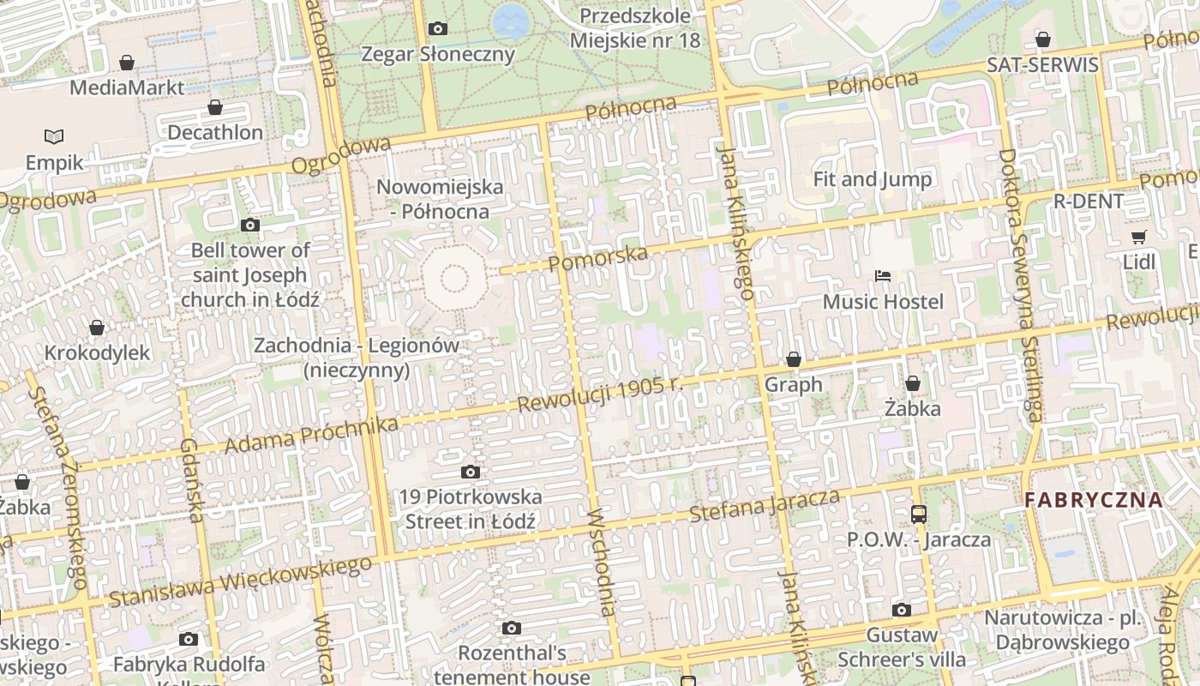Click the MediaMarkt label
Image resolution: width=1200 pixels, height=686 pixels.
[126, 87]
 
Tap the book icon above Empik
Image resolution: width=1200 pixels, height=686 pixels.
[54, 136]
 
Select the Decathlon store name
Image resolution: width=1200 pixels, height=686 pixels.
[215, 132]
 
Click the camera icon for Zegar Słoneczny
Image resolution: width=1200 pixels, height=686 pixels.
[438, 29]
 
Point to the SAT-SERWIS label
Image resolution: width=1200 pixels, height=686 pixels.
[1042, 65]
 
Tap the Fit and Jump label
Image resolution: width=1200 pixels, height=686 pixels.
[872, 179]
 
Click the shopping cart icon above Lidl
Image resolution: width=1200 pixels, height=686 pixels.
[1139, 238]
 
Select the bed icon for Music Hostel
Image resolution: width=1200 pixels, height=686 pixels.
[883, 276]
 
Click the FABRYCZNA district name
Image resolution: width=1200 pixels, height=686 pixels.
[1094, 500]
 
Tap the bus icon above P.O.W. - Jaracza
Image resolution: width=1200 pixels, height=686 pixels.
[919, 514]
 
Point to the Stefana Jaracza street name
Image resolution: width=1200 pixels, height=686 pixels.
[765, 505]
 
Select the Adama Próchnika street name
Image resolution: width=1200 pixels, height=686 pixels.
[311, 436]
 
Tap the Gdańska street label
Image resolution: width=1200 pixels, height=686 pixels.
[192, 479]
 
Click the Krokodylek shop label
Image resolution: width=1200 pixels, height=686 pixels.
[97, 352]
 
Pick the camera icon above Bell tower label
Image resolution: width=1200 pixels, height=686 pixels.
[250, 226]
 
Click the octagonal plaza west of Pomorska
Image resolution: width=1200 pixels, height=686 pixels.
[453, 278]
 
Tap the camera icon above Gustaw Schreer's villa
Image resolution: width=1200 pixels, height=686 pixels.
[902, 611]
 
